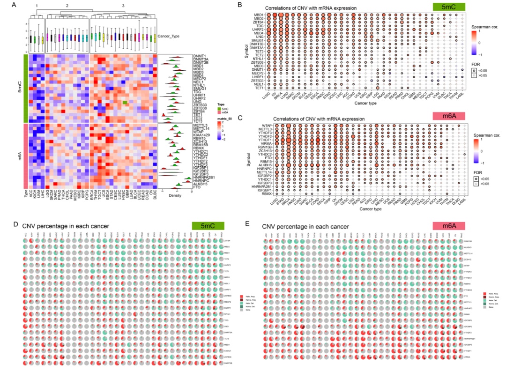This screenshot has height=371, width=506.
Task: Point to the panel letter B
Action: (253, 5)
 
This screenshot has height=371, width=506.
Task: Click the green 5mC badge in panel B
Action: (448, 7)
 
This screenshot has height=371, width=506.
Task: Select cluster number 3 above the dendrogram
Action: (123, 5)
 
